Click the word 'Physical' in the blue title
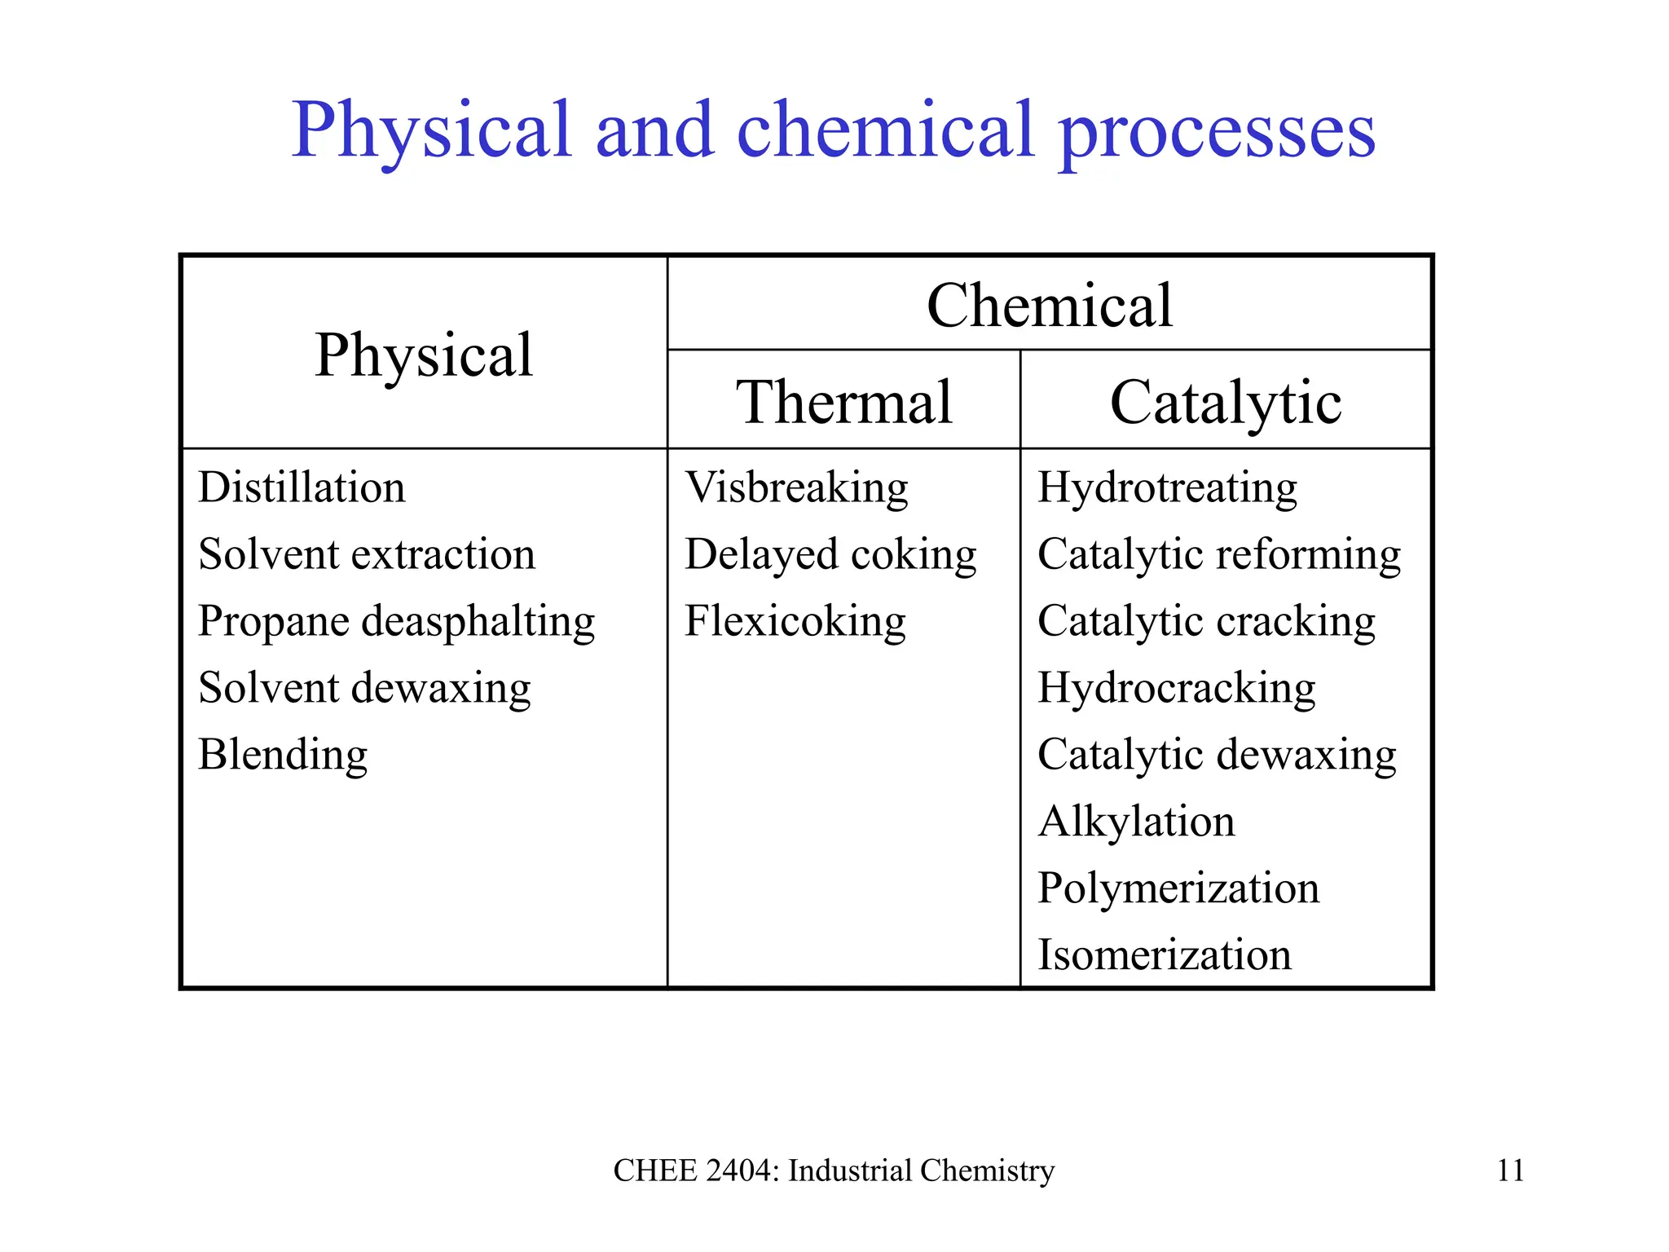coord(431,130)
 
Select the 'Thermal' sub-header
coord(844,402)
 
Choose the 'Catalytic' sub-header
coord(1226,402)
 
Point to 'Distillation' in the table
coord(302,487)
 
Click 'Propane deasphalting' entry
coord(397,621)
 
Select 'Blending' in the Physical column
coord(283,754)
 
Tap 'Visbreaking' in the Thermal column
coord(796,487)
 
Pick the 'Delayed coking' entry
coord(830,554)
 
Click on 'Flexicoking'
coord(795,621)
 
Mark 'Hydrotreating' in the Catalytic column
coord(1167,487)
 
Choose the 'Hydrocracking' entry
coord(1176,688)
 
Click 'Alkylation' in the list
coord(1136,821)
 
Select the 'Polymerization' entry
coord(1178,888)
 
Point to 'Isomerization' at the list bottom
coord(1165,954)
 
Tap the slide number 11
coord(1510,1170)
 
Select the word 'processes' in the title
coord(1217,130)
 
